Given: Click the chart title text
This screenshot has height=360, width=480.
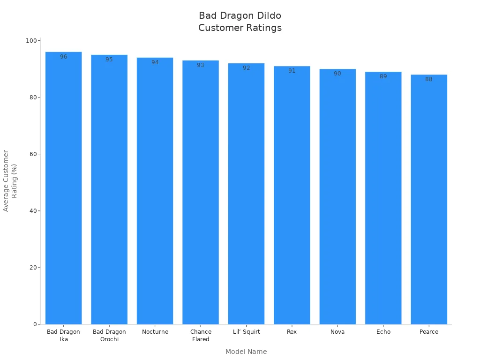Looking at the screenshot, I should pyautogui.click(x=240, y=22).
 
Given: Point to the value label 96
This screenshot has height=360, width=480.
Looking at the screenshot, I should pyautogui.click(x=63, y=57).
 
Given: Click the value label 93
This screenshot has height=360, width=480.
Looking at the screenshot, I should pyautogui.click(x=201, y=65).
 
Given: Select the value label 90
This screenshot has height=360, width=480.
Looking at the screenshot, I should pyautogui.click(x=337, y=74).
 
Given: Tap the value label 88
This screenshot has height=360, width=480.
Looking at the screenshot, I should pyautogui.click(x=429, y=79).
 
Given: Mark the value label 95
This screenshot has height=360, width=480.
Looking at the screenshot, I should pyautogui.click(x=109, y=60).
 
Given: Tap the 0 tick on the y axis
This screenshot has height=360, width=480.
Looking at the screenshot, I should pyautogui.click(x=35, y=324).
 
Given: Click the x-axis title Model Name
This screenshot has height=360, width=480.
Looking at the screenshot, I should pyautogui.click(x=246, y=352).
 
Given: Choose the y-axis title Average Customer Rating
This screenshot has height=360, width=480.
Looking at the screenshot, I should pyautogui.click(x=10, y=180).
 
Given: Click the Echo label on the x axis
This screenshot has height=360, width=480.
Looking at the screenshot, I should pyautogui.click(x=383, y=332).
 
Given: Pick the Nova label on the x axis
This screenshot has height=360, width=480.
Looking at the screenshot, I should pyautogui.click(x=337, y=332).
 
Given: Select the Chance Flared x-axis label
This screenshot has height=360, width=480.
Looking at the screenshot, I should pyautogui.click(x=201, y=336).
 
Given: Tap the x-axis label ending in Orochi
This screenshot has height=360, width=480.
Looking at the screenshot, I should pyautogui.click(x=109, y=336).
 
